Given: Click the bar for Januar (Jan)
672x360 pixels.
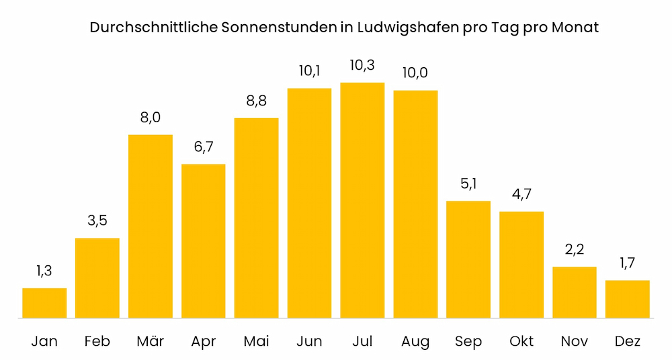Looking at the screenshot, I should [44, 303].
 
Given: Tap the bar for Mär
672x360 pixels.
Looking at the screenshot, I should [151, 226].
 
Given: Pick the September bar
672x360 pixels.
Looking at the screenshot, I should [468, 259].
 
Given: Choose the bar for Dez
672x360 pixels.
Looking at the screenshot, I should [628, 299].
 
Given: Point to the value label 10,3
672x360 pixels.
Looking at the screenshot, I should [362, 66].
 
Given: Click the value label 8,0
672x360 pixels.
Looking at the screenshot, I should [151, 118].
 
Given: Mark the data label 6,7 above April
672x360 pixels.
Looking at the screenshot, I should [204, 147].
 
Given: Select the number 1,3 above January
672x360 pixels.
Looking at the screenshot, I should [44, 271].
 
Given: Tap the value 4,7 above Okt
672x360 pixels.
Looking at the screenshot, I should [521, 195].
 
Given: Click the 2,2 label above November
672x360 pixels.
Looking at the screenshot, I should [575, 250].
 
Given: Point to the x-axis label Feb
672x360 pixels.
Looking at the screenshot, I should [97, 341].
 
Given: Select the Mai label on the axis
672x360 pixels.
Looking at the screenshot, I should [256, 341].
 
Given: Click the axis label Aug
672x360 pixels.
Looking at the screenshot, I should [415, 341].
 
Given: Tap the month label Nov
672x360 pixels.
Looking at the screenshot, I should [575, 341].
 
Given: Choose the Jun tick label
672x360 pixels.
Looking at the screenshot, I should [309, 341].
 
